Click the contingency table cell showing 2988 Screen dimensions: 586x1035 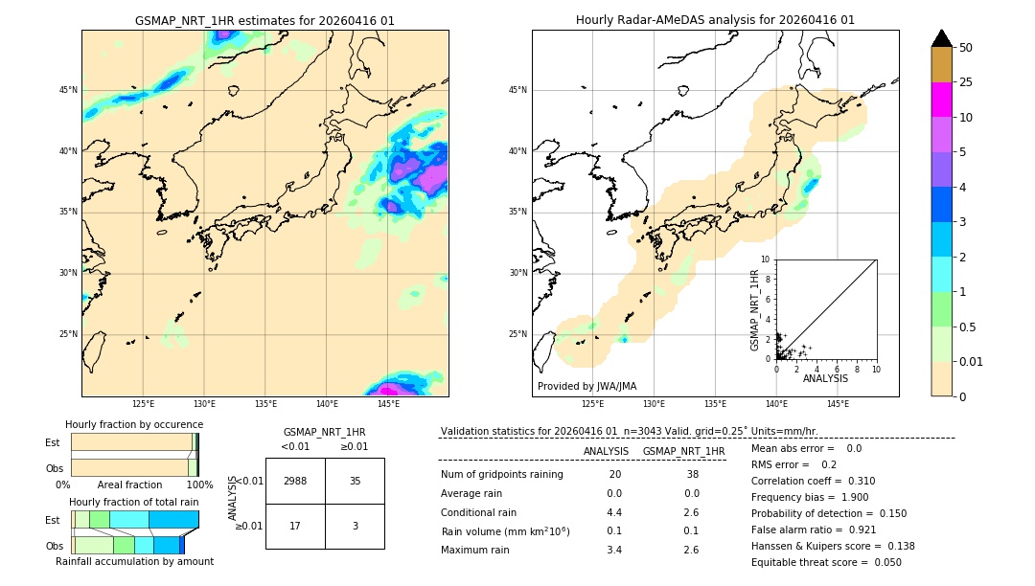pyautogui.click(x=295, y=481)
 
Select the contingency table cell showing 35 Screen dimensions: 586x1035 pyautogui.click(x=355, y=481)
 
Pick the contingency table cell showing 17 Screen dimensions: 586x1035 pyautogui.click(x=295, y=526)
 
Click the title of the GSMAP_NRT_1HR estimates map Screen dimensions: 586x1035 pyautogui.click(x=264, y=21)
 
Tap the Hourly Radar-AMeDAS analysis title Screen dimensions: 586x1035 pyautogui.click(x=715, y=20)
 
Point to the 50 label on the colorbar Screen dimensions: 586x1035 pyautogui.click(x=966, y=48)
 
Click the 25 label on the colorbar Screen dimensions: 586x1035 pyautogui.click(x=966, y=82)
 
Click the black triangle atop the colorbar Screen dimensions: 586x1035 pyautogui.click(x=941, y=38)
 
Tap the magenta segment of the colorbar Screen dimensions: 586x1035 pyautogui.click(x=941, y=100)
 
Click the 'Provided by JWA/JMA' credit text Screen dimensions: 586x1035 pyautogui.click(x=586, y=386)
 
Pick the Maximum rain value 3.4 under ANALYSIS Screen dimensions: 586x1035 pyautogui.click(x=614, y=550)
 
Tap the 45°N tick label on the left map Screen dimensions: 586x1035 pyautogui.click(x=67, y=90)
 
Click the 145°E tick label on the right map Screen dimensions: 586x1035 pyautogui.click(x=838, y=404)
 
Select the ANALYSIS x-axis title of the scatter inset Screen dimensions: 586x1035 pyautogui.click(x=825, y=378)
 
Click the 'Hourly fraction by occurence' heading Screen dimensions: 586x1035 pyautogui.click(x=134, y=424)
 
